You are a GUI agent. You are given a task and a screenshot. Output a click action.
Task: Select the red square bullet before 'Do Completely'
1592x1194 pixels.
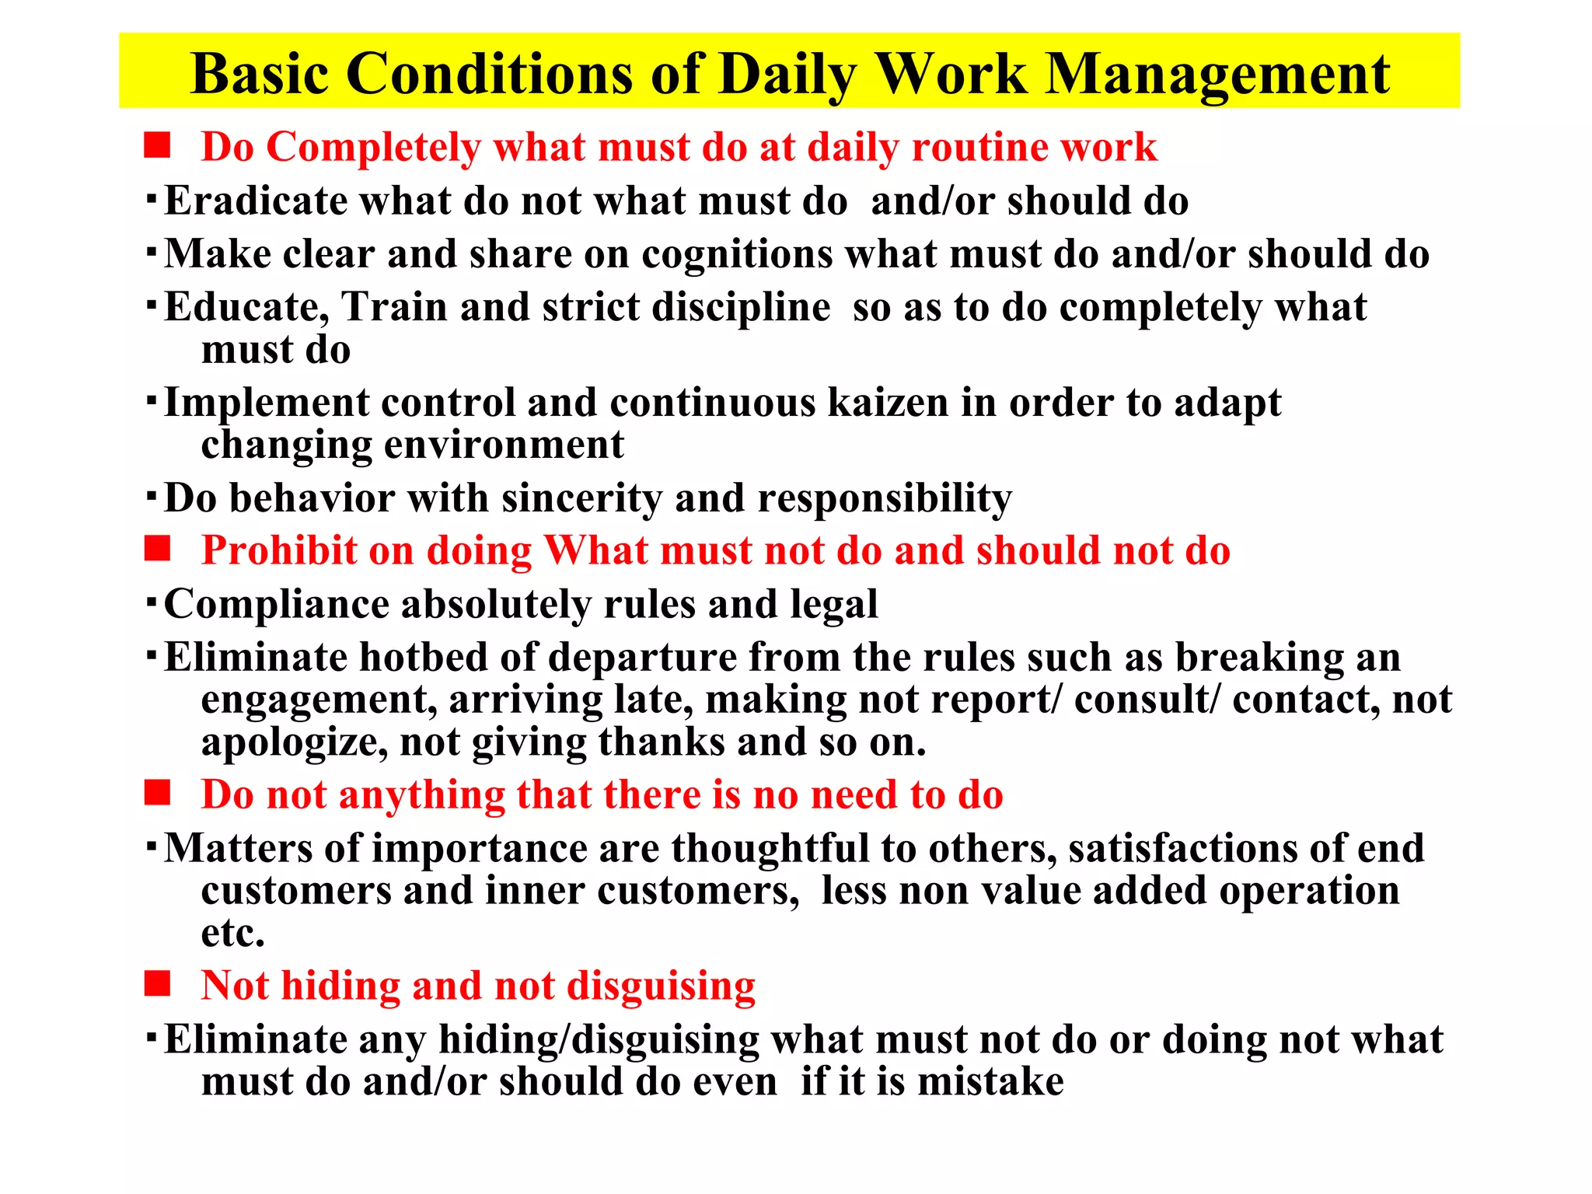[x=157, y=145]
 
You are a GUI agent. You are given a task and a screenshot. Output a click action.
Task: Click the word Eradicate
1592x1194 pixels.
[x=256, y=201]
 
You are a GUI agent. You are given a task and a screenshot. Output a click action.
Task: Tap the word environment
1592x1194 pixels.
[x=504, y=445]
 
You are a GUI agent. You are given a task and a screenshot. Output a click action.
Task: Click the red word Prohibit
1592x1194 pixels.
[x=278, y=551]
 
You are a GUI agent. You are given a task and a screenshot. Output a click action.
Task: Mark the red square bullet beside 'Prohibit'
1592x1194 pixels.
[x=157, y=550]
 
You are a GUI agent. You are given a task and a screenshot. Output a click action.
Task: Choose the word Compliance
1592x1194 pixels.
[x=277, y=605]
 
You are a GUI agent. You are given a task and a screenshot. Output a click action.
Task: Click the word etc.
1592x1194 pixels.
[x=232, y=933]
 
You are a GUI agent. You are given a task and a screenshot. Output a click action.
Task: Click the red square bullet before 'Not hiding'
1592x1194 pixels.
[x=157, y=984]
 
